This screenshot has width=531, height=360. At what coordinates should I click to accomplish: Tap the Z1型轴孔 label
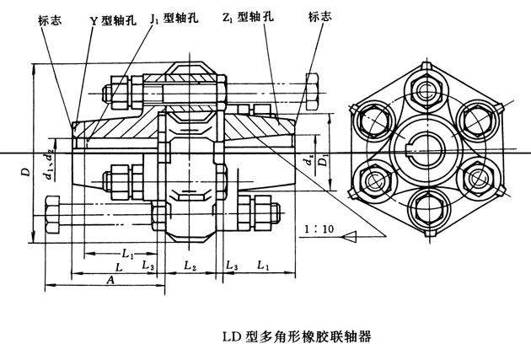(245, 16)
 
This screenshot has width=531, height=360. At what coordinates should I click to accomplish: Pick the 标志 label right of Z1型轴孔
(319, 15)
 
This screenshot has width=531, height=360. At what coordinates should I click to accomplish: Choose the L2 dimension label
(190, 267)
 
